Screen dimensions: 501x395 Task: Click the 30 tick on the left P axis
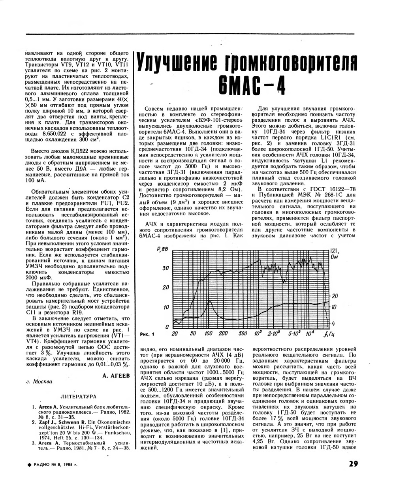[x=166, y=268]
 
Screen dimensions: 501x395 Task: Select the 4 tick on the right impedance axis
[x=333, y=323]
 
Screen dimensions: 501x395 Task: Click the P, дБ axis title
[x=163, y=249]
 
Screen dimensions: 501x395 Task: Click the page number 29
[x=354, y=464]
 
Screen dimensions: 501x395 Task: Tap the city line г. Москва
[x=39, y=382]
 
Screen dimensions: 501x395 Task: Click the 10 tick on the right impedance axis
[x=333, y=307]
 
